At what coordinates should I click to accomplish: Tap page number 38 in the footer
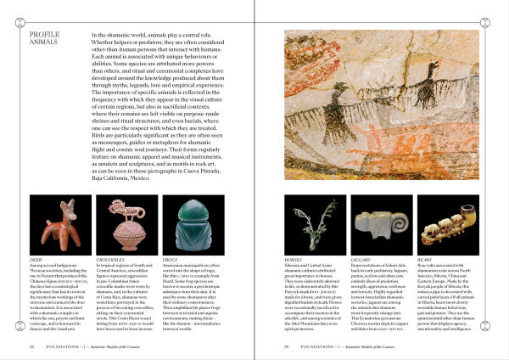[31, 346]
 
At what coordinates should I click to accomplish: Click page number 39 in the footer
[287, 346]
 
